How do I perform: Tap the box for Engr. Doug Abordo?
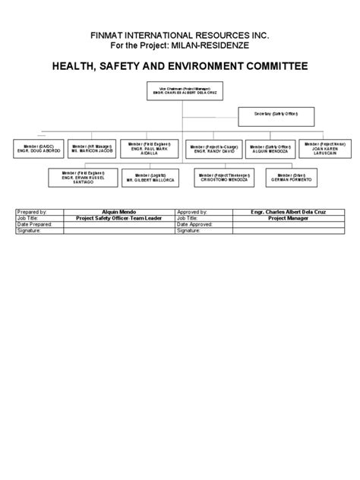[x=37, y=147]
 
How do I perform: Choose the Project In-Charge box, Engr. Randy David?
[x=210, y=147]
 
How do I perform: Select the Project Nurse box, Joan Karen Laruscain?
[x=322, y=147]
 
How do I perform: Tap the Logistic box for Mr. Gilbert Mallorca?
[x=150, y=177]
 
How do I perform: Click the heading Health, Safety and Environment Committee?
[x=179, y=67]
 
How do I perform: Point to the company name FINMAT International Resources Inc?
[x=179, y=36]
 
